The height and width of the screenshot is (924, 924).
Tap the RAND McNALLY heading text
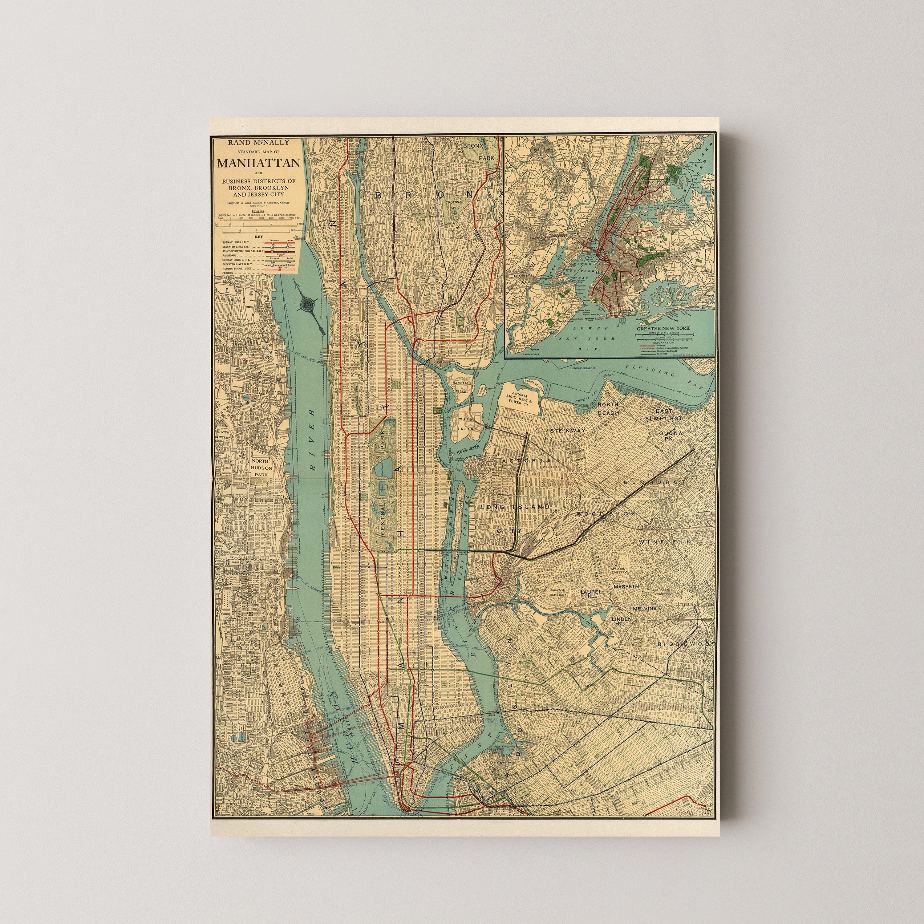click(258, 142)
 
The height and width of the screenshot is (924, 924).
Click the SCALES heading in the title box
click(258, 211)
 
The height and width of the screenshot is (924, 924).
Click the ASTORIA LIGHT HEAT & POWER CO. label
click(520, 400)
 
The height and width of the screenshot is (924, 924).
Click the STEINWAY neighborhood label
click(567, 431)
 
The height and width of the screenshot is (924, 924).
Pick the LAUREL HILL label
click(590, 594)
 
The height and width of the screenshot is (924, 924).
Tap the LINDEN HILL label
click(622, 621)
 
